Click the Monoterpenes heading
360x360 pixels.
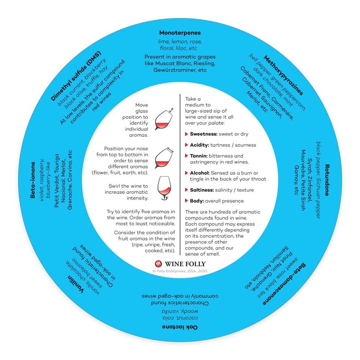pos(180,33)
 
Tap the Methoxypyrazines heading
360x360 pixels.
pos(283,75)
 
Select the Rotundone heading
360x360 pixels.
pos(327,180)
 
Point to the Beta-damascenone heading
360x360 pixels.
pos(284,284)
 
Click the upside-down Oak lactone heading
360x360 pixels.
pos(180,327)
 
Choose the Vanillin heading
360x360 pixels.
pos(76,284)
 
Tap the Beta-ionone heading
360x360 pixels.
pos(33,180)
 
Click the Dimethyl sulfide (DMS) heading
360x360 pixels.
pos(76,76)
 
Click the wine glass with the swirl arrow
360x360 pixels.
pos(164,188)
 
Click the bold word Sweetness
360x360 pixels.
pos(204,134)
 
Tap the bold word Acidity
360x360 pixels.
pos(199,145)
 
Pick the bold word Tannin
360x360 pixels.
pos(198,156)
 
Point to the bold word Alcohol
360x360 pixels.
pos(200,173)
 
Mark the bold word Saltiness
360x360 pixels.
pos(202,190)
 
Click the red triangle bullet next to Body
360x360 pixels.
pos(186,201)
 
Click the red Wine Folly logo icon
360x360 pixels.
pos(158,264)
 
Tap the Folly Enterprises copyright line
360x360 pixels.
pos(180,271)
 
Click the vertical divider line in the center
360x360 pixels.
pos(180,174)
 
